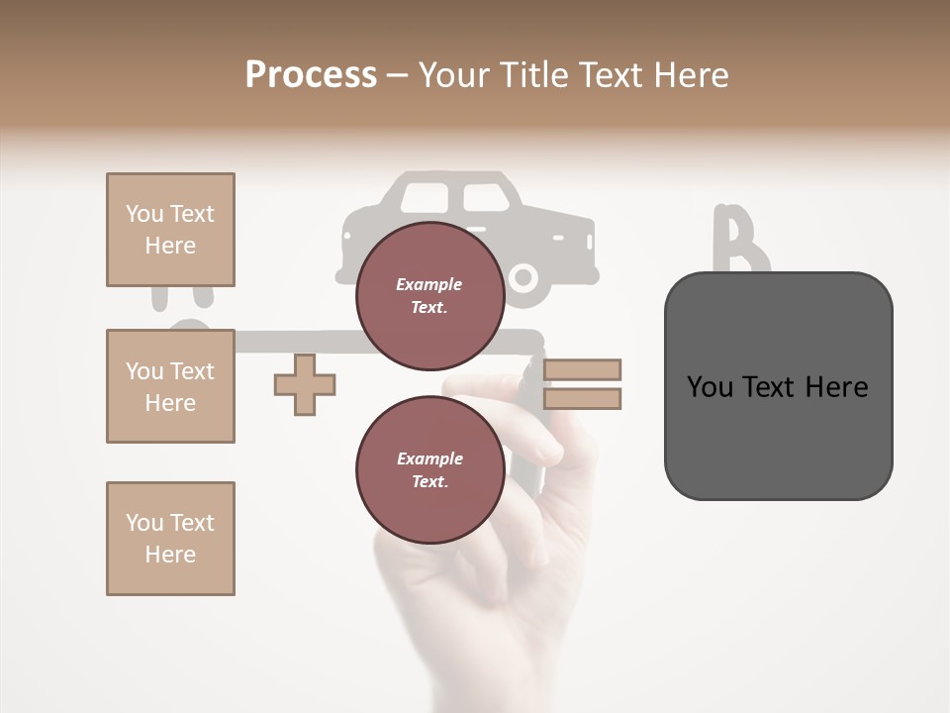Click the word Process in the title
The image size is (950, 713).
(x=311, y=75)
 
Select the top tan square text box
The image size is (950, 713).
(x=170, y=230)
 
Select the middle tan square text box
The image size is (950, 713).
(x=170, y=386)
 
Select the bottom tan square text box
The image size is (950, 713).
(x=170, y=538)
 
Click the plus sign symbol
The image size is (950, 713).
(x=305, y=384)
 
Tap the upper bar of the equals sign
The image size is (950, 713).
(x=583, y=369)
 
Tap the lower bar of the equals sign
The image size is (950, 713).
(x=583, y=399)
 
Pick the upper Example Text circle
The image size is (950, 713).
(x=430, y=295)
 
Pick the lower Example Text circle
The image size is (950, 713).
(x=430, y=469)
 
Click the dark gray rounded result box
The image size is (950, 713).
(x=778, y=386)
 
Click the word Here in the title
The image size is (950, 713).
(x=694, y=75)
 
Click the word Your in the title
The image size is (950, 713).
(x=453, y=75)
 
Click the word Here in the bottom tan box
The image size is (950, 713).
(x=170, y=555)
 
